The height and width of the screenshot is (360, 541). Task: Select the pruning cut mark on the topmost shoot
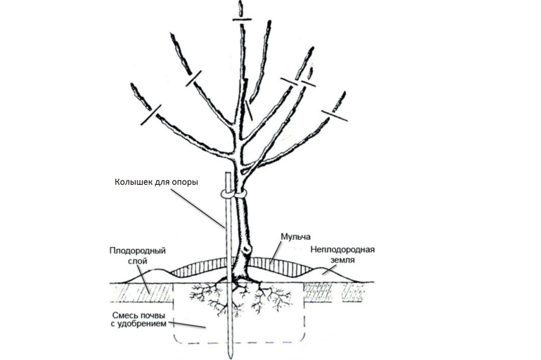point(240,20)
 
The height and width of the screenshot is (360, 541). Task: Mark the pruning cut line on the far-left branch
point(150,115)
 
